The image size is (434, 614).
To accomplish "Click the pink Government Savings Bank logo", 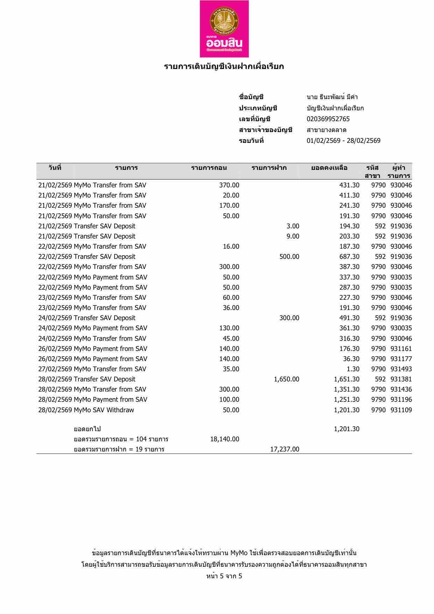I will [224, 29].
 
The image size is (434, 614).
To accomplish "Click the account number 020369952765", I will [328, 119].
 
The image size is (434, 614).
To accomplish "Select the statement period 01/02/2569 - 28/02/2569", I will [343, 141].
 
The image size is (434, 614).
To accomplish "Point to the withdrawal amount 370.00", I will [229, 185].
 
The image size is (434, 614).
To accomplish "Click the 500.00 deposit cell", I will [289, 257].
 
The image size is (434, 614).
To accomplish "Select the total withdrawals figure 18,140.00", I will [225, 439].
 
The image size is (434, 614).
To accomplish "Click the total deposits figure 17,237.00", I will [285, 449].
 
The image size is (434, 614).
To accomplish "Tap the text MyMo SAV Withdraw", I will [104, 410].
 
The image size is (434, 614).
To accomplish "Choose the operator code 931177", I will [401, 359].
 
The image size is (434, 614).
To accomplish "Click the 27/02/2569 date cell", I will [55, 369].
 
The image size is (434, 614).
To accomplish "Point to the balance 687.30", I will [349, 257].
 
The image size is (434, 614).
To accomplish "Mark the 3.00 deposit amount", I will [293, 226].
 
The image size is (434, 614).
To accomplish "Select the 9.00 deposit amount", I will [293, 236].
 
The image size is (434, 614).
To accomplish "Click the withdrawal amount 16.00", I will [231, 247].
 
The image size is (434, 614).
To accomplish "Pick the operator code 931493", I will [401, 369].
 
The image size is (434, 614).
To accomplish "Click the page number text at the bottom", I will [224, 576].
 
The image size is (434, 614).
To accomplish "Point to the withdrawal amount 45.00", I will [231, 339].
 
